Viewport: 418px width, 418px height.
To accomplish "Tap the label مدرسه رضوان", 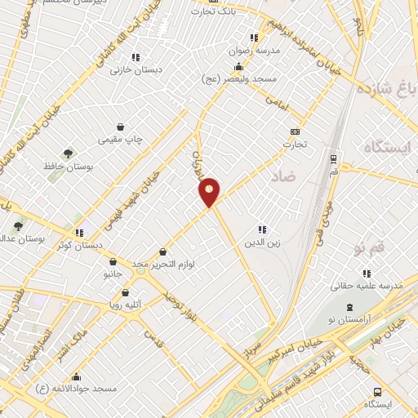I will point(257,50).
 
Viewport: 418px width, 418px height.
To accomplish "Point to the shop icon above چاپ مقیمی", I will point(121,127).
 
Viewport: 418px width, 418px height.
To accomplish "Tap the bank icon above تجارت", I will point(295,131).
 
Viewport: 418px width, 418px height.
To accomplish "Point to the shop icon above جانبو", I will point(113,262).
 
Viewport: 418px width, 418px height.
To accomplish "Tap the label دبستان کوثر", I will point(80,244).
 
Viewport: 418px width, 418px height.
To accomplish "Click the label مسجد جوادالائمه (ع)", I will point(77,389).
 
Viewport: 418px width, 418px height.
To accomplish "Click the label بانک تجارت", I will point(212,11).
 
